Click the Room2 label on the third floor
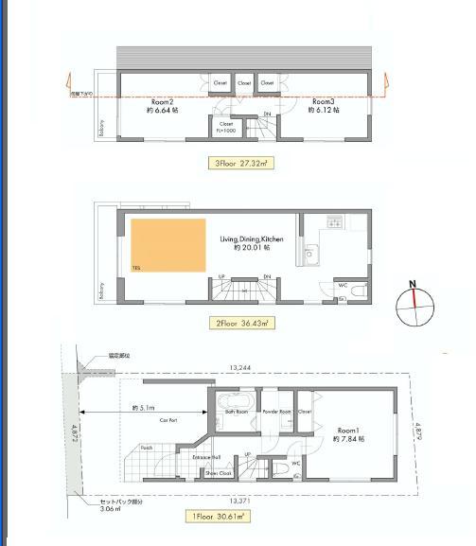pos(164,101)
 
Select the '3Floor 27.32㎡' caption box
pos(239,164)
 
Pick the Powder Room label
pos(276,412)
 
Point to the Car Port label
pos(170,418)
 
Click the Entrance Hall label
pos(206,457)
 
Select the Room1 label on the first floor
pos(350,430)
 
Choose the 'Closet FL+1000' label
pos(227,125)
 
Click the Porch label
pos(147,447)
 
